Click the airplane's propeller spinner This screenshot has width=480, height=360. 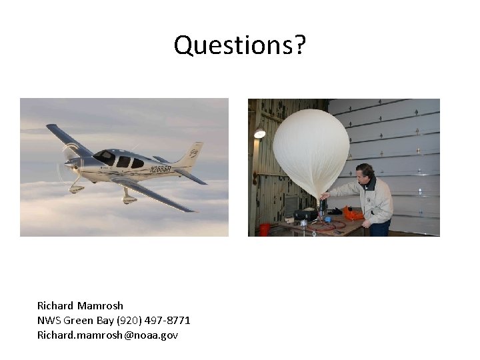point(69,163)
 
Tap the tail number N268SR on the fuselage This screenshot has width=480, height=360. point(160,169)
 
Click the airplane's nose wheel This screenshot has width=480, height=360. point(75,189)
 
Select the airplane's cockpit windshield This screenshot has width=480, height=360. point(105,157)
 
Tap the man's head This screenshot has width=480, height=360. point(365,173)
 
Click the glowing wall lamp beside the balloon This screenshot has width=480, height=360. point(259,133)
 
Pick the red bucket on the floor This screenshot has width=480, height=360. point(265,229)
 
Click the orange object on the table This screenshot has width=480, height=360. point(353,215)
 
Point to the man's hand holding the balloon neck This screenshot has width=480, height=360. point(324,196)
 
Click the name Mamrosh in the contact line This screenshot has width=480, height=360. point(100,305)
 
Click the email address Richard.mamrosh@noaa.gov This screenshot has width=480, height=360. point(107,335)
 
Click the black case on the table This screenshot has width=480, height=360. point(305,215)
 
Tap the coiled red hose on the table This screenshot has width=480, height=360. point(327,225)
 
